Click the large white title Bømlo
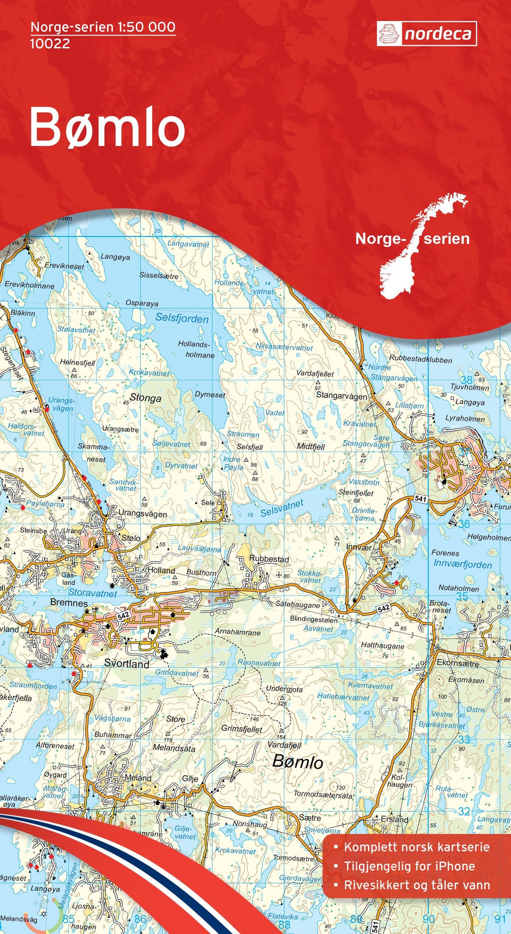107,127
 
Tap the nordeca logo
427,34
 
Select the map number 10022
50,44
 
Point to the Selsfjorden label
182,319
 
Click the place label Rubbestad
269,559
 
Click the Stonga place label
145,398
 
